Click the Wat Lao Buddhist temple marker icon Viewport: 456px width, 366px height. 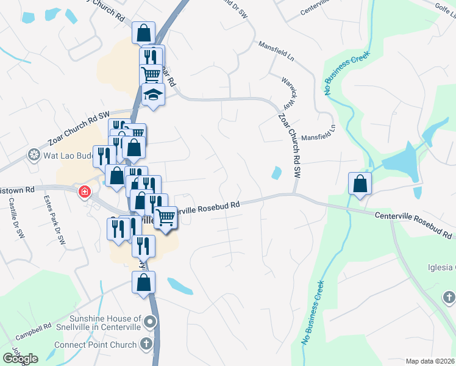click(x=34, y=155)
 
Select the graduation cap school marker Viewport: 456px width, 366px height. click(x=153, y=95)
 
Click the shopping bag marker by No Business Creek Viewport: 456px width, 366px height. click(x=360, y=183)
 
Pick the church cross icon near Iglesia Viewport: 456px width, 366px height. click(x=449, y=298)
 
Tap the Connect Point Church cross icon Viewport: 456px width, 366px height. click(x=146, y=345)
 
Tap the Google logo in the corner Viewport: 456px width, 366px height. click(x=20, y=358)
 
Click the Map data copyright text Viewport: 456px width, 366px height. click(x=430, y=361)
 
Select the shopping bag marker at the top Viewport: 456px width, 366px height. click(x=143, y=32)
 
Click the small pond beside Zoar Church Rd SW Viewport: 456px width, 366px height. click(x=277, y=173)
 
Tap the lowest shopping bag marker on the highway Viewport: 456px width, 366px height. click(x=143, y=282)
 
